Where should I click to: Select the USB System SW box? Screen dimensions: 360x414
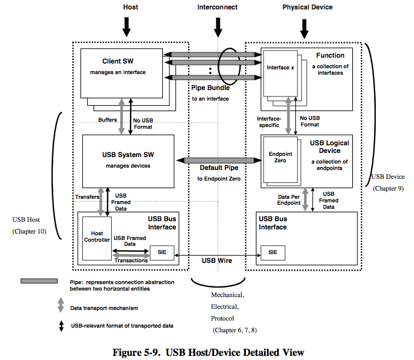[128, 160]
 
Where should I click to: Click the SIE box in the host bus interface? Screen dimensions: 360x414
[159, 253]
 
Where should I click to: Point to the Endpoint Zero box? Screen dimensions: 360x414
[280, 158]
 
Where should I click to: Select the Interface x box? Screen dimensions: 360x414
[279, 68]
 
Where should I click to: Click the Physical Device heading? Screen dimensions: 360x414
[307, 7]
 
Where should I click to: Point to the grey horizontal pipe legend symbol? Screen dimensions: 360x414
[39, 282]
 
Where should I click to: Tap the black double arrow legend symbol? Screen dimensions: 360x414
[61, 325]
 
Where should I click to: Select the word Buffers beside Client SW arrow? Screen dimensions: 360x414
[106, 120]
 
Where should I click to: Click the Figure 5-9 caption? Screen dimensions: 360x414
[208, 352]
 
